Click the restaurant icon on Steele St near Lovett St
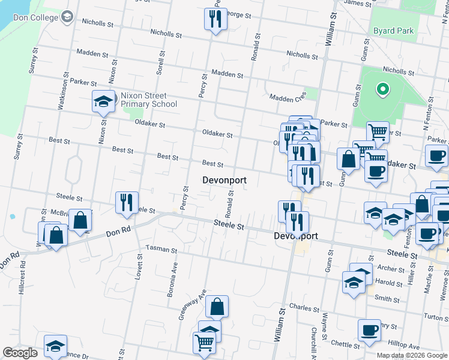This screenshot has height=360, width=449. point(127,203)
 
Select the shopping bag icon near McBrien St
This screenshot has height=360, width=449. point(80,220)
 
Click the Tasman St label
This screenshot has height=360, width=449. point(161,249)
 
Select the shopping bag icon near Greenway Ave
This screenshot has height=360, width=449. point(217,307)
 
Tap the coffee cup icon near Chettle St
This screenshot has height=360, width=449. point(369,330)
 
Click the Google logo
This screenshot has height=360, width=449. point(20,353)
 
